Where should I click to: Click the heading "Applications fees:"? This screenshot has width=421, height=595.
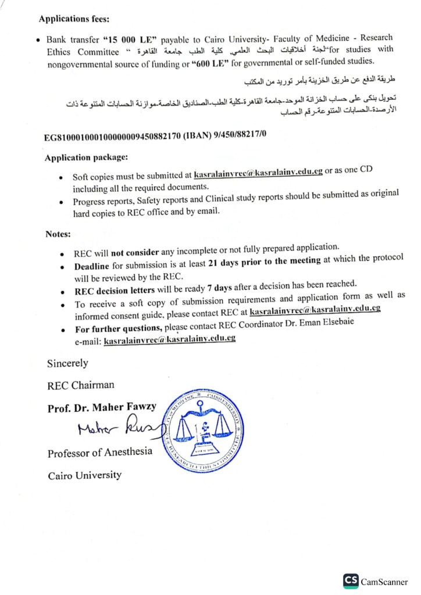pos(73,18)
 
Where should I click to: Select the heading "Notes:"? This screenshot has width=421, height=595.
pos(58,234)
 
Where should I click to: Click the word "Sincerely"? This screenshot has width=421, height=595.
pos(67,363)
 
